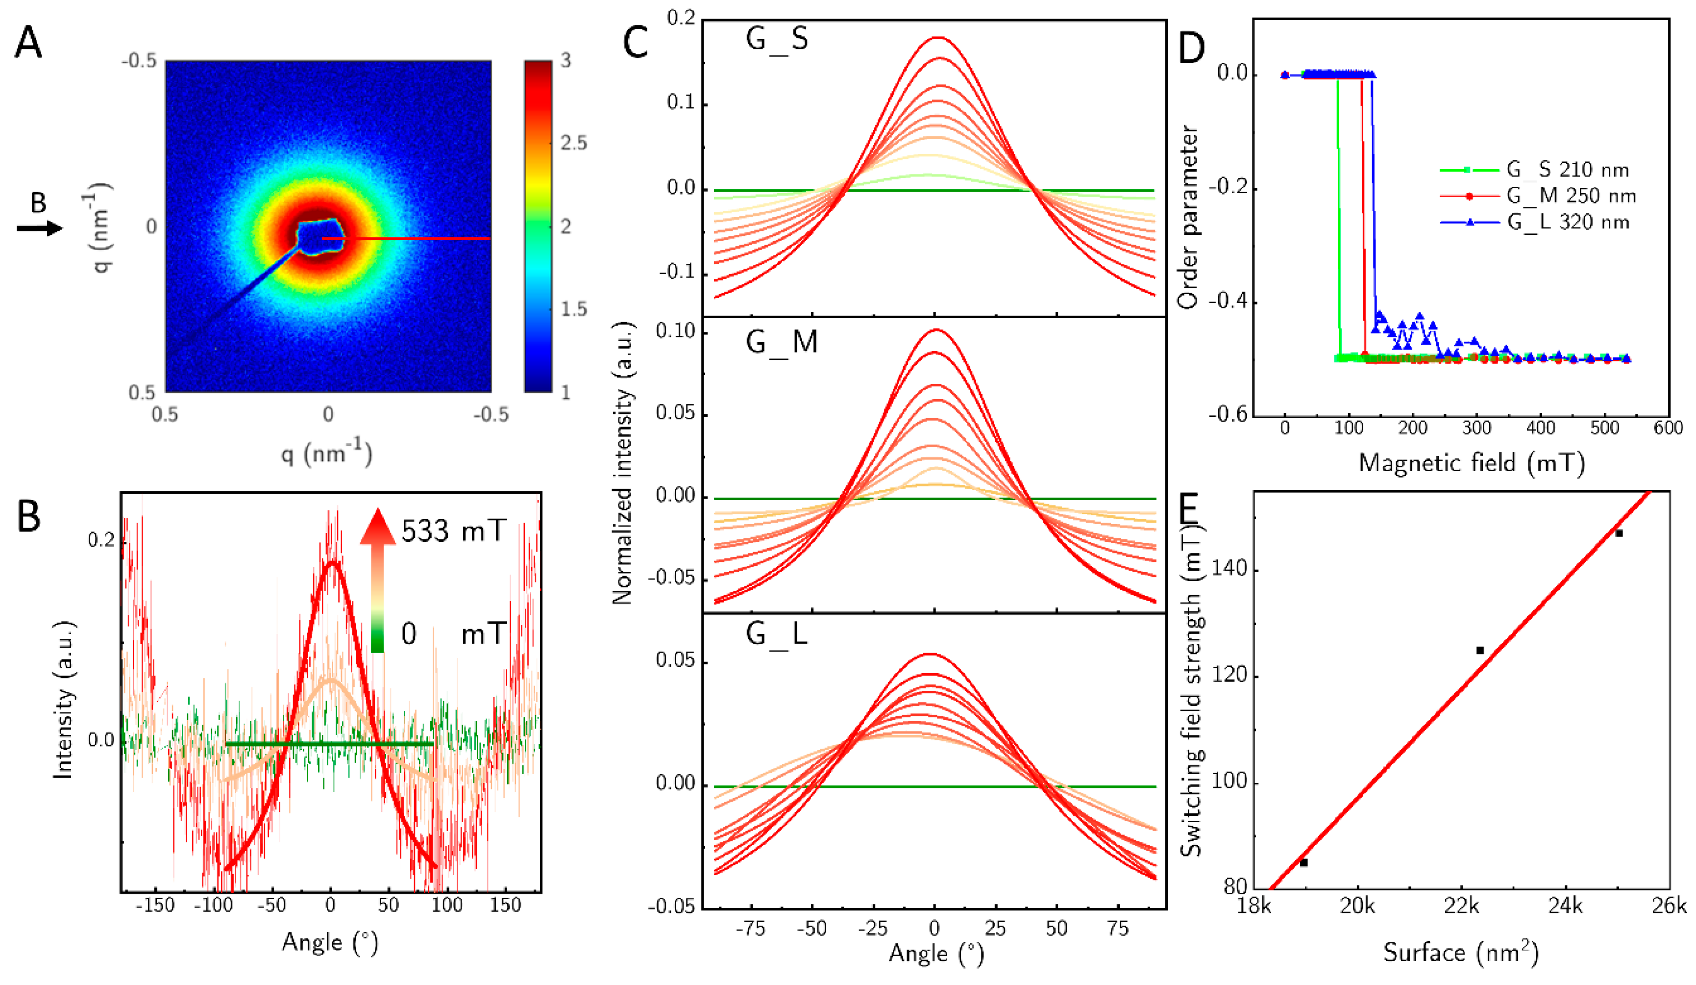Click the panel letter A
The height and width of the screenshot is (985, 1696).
click(28, 44)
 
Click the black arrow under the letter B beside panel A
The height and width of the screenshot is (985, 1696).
click(40, 228)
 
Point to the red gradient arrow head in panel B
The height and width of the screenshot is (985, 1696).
click(377, 527)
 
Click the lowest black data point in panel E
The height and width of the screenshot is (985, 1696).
click(1303, 862)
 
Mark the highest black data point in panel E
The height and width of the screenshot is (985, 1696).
click(1619, 533)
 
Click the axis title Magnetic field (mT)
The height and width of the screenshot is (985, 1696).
click(1472, 463)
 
